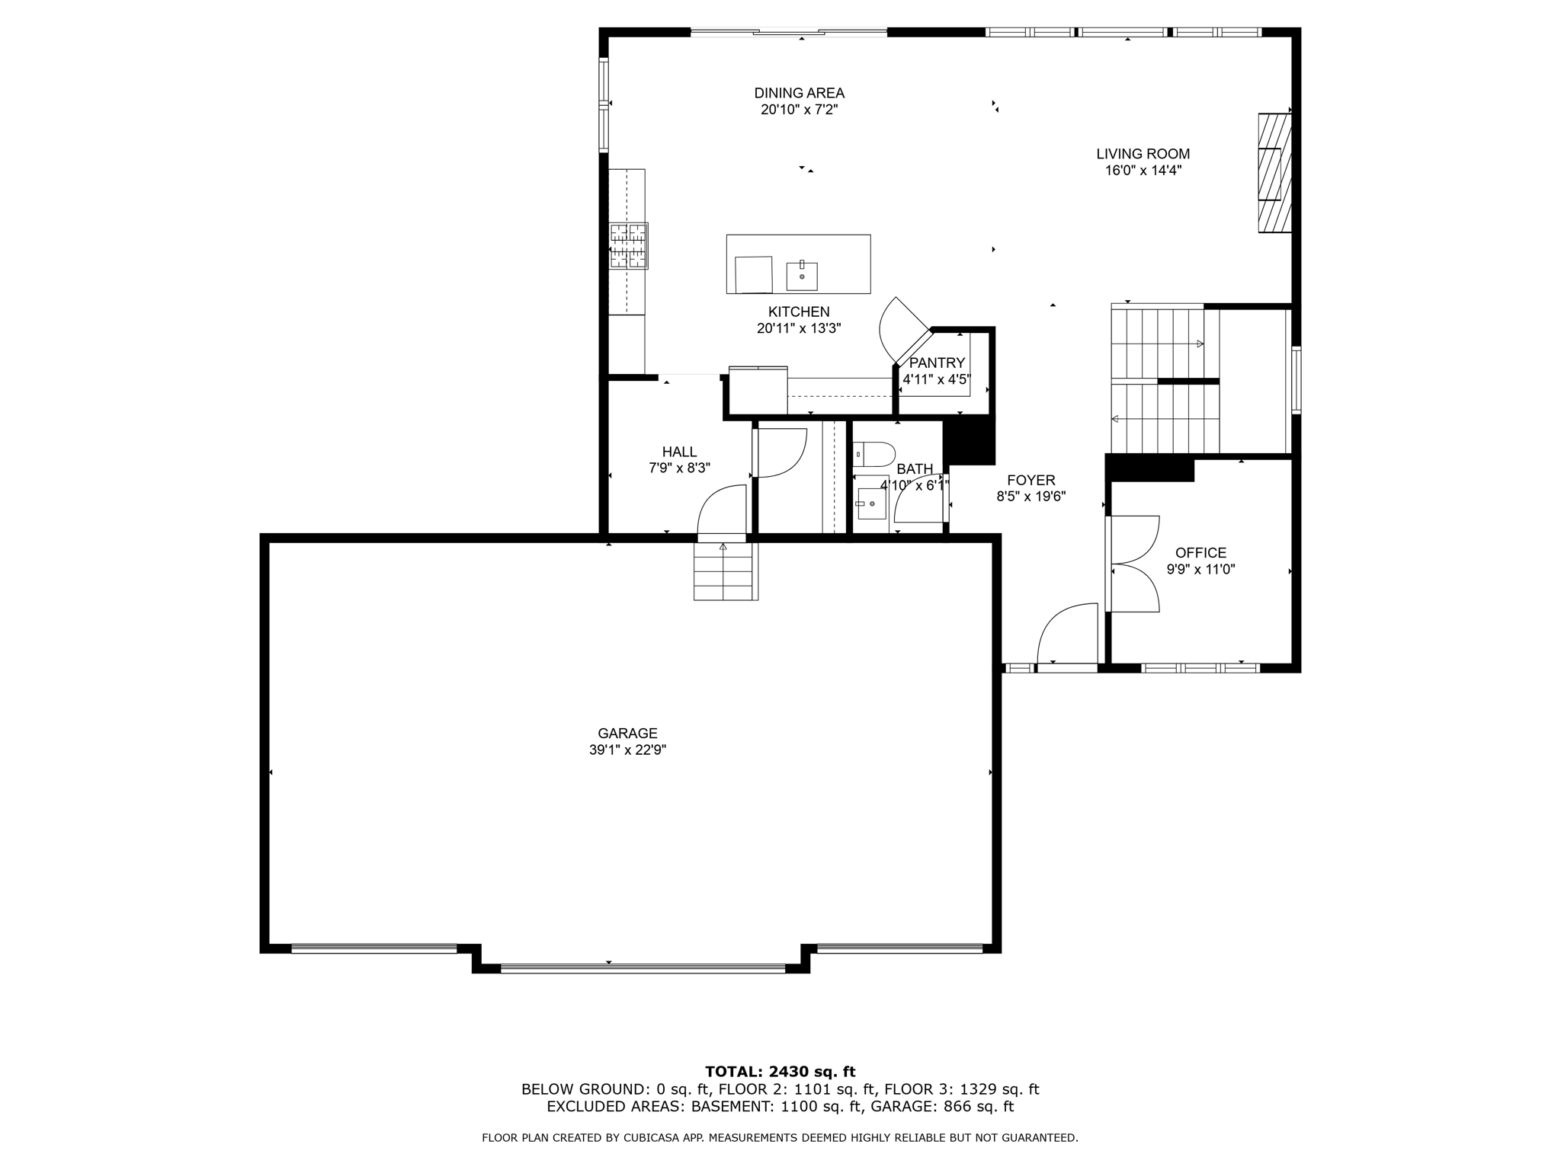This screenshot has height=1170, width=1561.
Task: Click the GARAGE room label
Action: [x=627, y=734]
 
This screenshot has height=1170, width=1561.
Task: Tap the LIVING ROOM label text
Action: [x=1143, y=154]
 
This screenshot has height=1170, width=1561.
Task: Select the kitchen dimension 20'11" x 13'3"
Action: [x=798, y=328]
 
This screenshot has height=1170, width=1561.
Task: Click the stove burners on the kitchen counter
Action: [x=628, y=245]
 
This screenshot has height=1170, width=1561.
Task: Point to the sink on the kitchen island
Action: [x=802, y=277]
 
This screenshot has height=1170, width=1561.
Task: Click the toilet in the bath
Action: [x=874, y=455]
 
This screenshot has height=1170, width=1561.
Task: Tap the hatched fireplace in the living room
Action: [x=1274, y=173]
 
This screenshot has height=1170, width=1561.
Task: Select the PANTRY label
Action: [x=937, y=363]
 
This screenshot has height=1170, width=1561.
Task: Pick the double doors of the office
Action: [x=1134, y=564]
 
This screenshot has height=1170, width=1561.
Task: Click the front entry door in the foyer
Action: [x=1066, y=636]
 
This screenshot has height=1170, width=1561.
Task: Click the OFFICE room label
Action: [x=1200, y=553]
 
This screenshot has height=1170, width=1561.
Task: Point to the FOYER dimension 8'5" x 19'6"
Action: [x=1031, y=497]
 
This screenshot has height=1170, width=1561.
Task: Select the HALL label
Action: [x=679, y=452]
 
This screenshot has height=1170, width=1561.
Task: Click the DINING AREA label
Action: [x=799, y=93]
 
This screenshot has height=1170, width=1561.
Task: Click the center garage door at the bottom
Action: [x=643, y=968]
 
